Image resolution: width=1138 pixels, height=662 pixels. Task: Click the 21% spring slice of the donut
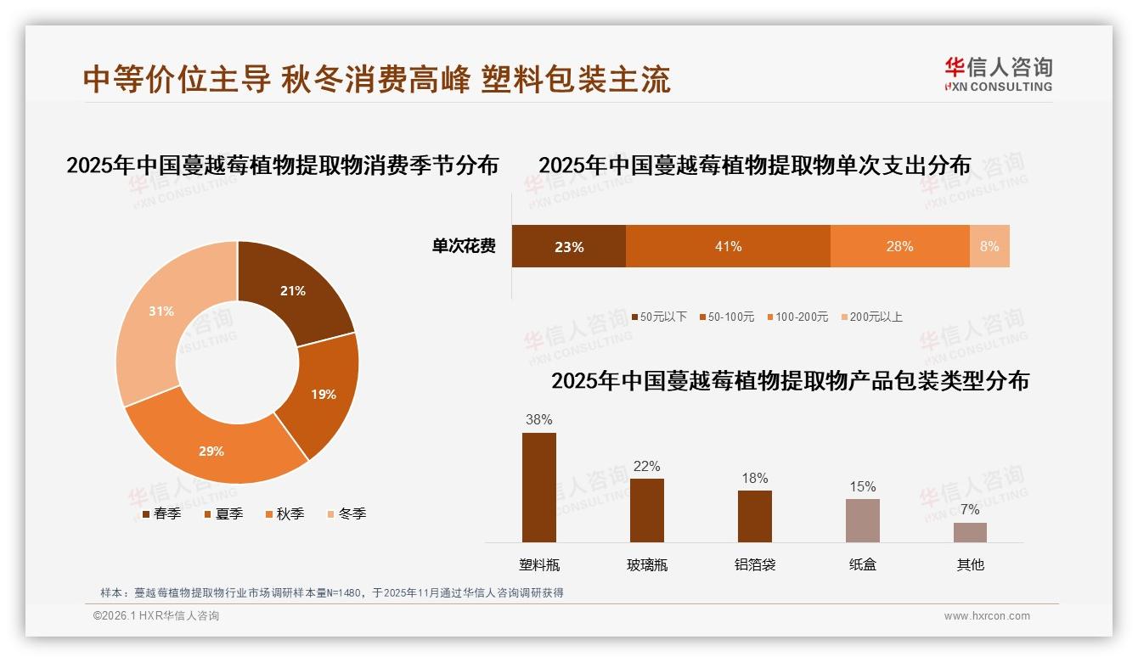tap(293, 291)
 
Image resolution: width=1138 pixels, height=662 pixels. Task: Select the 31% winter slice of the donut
tap(161, 311)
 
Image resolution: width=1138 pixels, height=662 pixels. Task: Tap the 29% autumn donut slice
tap(212, 451)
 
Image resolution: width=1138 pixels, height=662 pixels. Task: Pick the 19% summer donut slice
tap(323, 394)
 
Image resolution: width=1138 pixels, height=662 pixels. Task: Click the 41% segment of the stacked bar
tap(728, 246)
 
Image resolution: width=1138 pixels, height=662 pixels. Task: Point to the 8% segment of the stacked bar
tap(989, 246)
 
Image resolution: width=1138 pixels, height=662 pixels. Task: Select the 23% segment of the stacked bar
tap(568, 247)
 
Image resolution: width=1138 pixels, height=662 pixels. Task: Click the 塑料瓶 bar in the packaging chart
tap(538, 487)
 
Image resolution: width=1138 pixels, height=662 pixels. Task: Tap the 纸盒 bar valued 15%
tap(862, 520)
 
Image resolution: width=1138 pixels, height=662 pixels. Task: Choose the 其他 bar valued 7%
tap(970, 532)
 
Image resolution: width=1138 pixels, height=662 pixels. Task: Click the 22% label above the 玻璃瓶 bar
tap(646, 467)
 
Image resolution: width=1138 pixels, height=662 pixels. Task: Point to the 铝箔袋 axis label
tap(754, 564)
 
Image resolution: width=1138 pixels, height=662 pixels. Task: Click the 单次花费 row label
tap(464, 246)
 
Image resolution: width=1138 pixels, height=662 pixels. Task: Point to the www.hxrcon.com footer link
tap(987, 616)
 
